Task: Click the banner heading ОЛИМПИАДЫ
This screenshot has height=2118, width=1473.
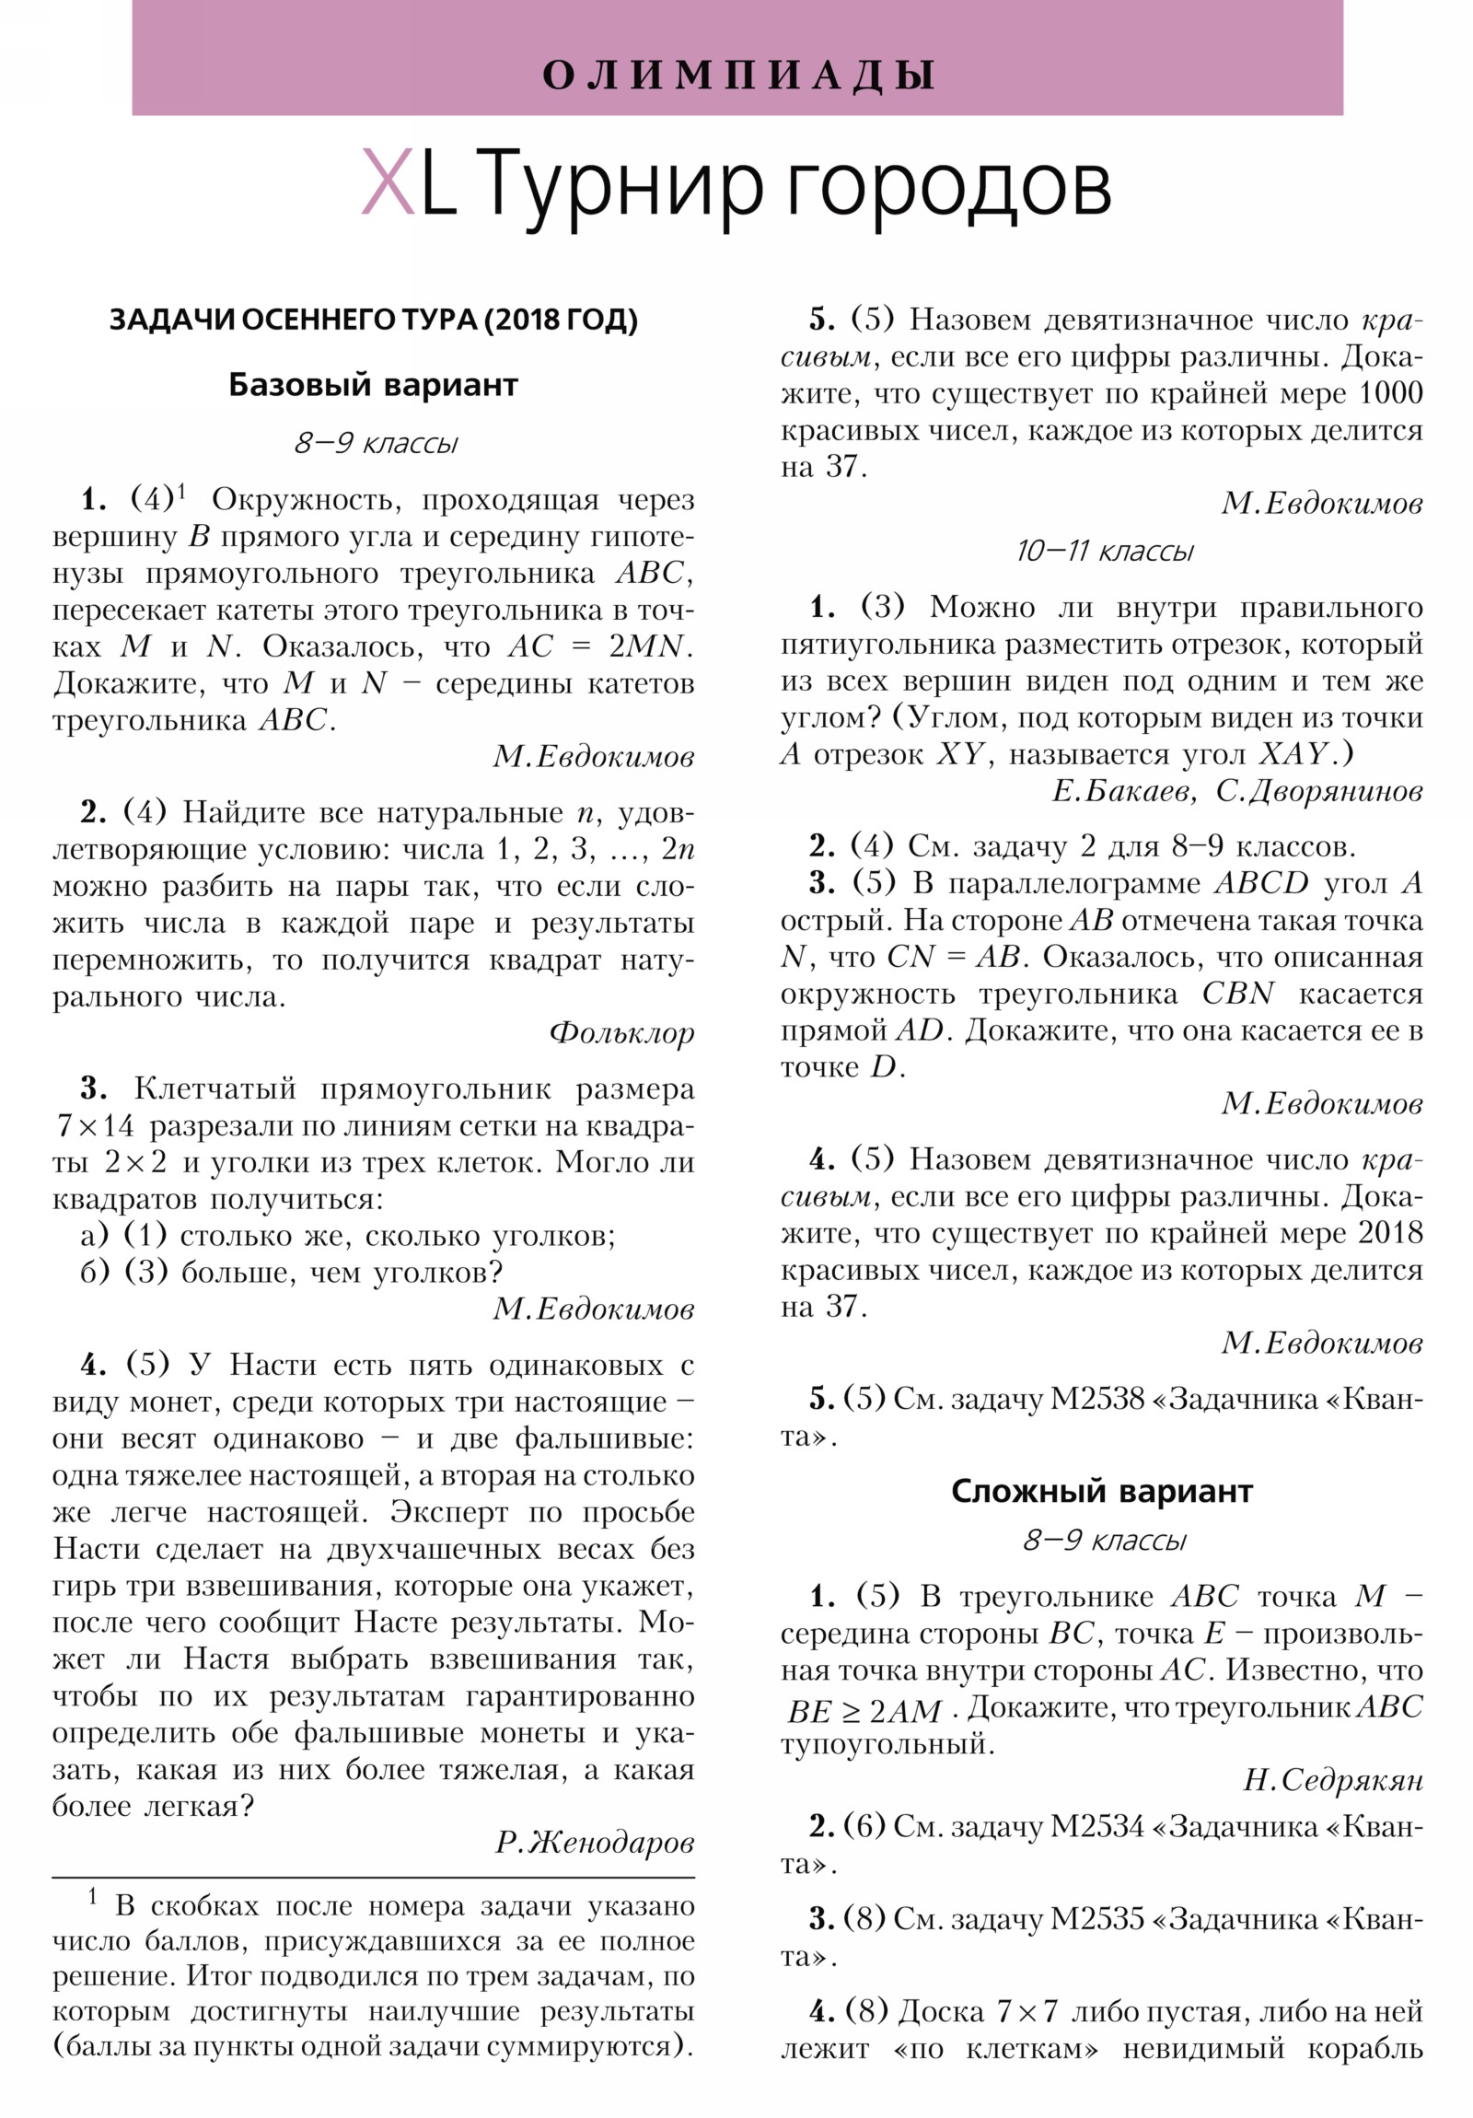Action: click(x=738, y=75)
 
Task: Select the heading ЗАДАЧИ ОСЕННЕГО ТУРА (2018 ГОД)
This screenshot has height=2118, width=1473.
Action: click(x=374, y=320)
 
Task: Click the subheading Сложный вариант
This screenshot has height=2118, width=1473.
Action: click(x=1101, y=1491)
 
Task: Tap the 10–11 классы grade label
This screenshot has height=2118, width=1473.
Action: click(x=1104, y=552)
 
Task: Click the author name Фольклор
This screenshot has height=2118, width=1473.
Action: click(x=621, y=1032)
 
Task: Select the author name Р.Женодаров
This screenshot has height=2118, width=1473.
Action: click(x=595, y=1842)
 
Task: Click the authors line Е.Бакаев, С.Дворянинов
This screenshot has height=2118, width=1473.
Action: click(x=1236, y=790)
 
